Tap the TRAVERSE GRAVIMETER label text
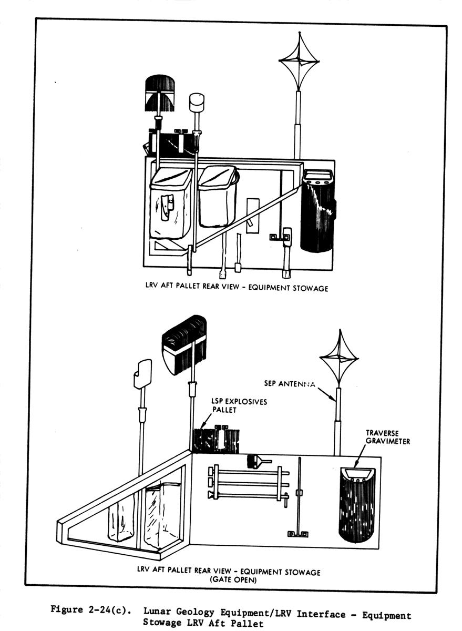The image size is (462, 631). [387, 437]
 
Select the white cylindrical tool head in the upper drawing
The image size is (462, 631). [196, 102]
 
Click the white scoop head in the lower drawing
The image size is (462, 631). [142, 373]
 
